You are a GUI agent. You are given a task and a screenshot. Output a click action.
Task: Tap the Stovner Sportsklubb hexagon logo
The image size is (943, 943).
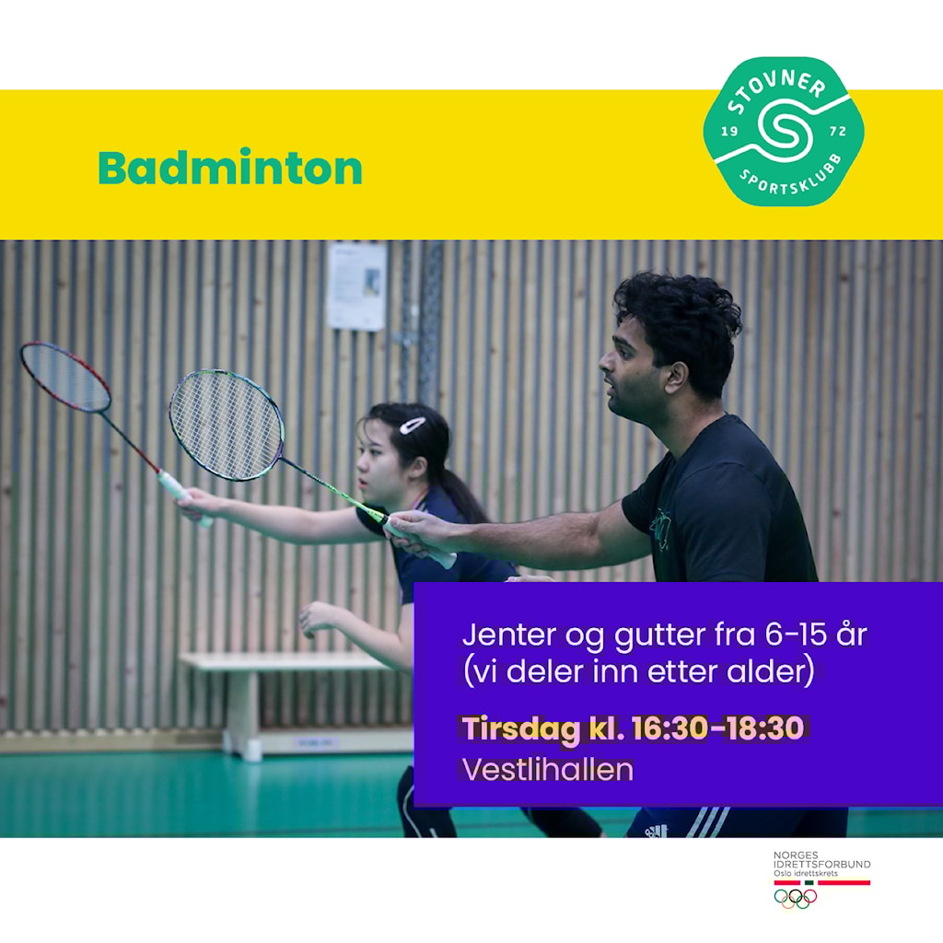click(x=784, y=131)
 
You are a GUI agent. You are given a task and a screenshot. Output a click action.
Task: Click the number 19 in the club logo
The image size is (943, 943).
click(x=729, y=131)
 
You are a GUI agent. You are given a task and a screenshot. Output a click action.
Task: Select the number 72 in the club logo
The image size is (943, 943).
click(x=838, y=131)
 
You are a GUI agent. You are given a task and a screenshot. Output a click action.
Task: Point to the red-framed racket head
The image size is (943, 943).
click(x=65, y=377)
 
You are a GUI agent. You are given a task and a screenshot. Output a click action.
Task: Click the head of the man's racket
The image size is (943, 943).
click(x=227, y=425)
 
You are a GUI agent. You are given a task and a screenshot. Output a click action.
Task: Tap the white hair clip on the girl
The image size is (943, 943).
click(x=413, y=425)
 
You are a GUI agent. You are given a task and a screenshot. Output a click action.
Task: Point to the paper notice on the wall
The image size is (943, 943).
click(x=356, y=286)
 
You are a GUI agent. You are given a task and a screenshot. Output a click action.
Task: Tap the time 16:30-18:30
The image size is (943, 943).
click(x=717, y=728)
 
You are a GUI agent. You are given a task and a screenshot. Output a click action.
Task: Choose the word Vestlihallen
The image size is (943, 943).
click(x=547, y=770)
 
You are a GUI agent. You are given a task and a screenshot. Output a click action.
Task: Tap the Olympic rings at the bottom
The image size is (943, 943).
click(x=795, y=898)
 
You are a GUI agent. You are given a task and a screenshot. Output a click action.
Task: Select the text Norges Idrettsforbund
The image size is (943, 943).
click(x=821, y=859)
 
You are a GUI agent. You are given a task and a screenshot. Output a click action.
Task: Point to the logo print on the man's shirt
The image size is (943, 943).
click(x=659, y=530)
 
